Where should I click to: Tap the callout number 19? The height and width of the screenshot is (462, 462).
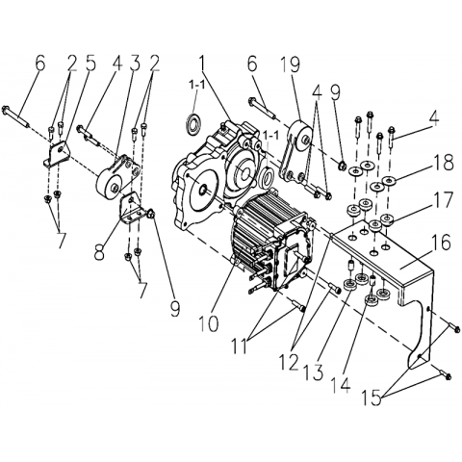click(290, 64)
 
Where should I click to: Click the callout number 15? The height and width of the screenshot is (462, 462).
click(372, 398)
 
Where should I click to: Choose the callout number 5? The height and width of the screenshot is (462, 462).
click(90, 64)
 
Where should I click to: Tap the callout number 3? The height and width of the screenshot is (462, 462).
click(134, 64)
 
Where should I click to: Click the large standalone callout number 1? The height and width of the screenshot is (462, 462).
click(202, 64)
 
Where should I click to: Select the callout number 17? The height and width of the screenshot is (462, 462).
click(442, 199)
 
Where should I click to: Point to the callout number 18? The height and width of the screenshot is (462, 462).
click(443, 163)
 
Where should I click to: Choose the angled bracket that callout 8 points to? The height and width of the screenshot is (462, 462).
click(132, 209)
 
